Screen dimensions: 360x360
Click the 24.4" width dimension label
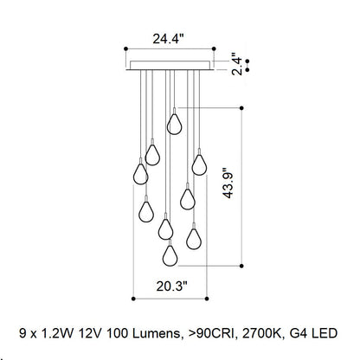tap(168, 39)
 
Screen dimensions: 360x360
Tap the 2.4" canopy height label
tap(237, 64)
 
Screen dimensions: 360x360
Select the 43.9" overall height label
tap(228, 183)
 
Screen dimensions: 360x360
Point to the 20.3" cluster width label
tap(172, 286)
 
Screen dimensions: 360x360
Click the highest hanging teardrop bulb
tap(174, 124)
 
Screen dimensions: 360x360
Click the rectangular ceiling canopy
tap(170, 66)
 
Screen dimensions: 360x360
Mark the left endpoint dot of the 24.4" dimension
tap(125, 48)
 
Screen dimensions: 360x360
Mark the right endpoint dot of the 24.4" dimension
tap(214, 48)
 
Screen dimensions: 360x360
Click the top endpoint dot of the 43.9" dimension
tap(241, 108)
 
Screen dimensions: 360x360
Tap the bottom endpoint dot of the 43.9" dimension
tap(241, 266)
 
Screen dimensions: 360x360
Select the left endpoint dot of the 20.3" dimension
tap(133, 299)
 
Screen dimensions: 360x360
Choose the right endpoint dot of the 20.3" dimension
tap(207, 299)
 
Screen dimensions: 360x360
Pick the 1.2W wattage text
tap(58, 333)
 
